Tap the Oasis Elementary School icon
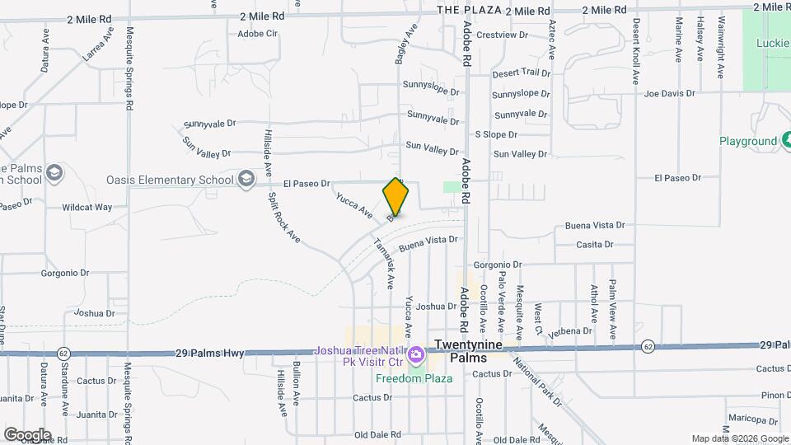coord(246,179)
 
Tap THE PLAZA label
coord(468,10)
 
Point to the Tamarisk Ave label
coord(385,263)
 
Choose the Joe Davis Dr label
coord(670,93)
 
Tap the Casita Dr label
coord(596,244)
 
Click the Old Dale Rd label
coord(377,434)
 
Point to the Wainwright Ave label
coord(721,48)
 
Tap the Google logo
coord(27,435)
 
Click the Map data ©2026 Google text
coord(739,438)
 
